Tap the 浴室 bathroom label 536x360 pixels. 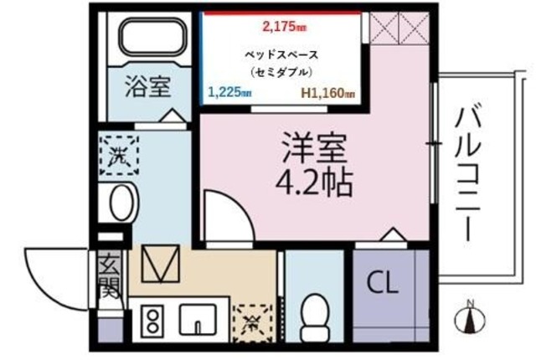(x=148, y=87)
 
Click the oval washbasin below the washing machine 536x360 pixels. (x=121, y=203)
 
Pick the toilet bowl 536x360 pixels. (x=315, y=316)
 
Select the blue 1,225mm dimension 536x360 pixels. (x=229, y=93)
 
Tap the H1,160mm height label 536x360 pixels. (x=327, y=93)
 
